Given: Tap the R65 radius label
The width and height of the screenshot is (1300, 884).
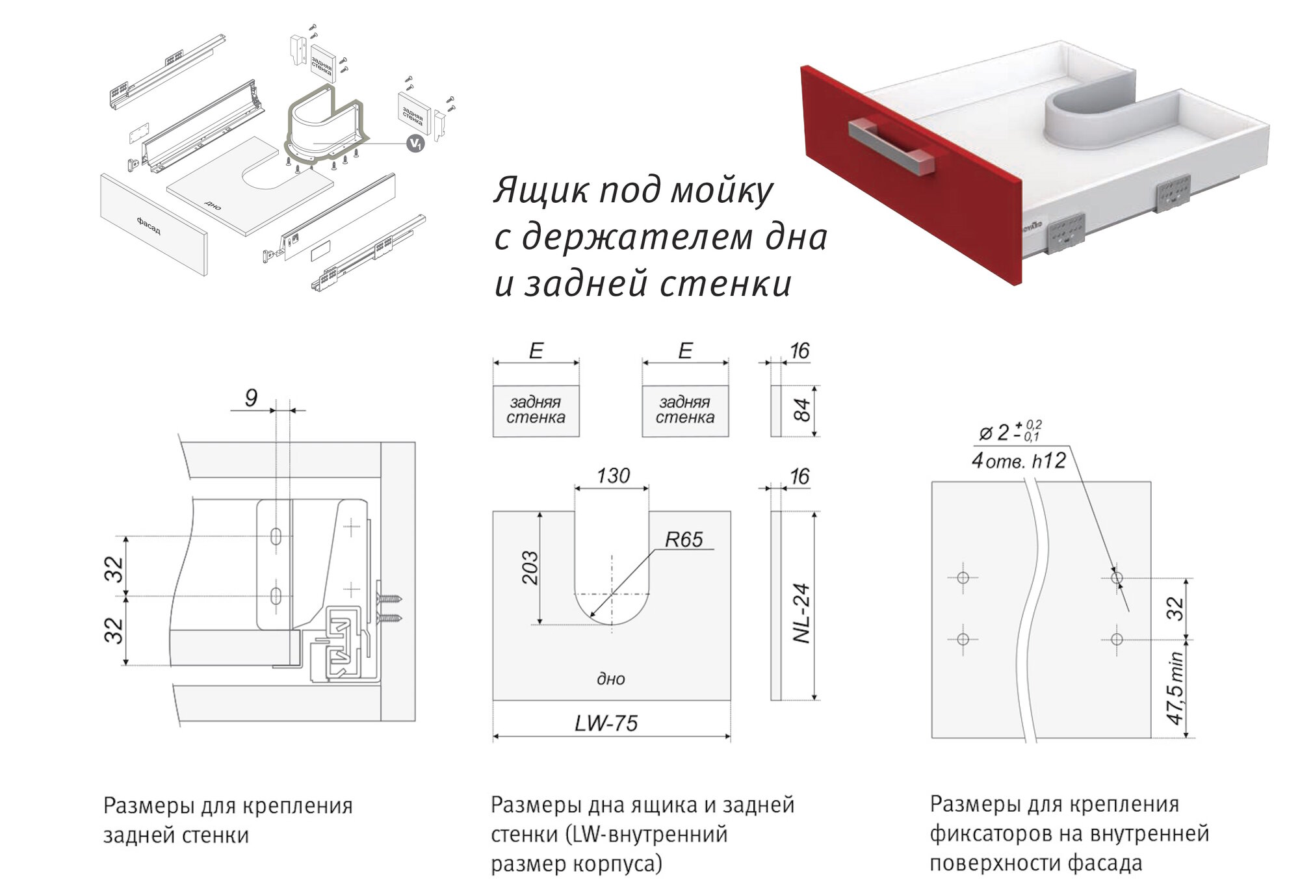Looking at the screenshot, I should pos(683,539).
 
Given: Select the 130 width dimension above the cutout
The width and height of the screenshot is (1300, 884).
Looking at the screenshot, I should pos(613,476).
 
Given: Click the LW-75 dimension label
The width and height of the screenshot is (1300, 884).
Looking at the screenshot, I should pos(606,723).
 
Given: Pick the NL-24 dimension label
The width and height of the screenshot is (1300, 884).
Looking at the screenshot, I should pos(802,613).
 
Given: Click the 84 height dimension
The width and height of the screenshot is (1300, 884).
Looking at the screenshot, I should pos(803,410).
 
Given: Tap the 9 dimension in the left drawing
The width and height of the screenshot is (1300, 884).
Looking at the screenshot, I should pos(251,398).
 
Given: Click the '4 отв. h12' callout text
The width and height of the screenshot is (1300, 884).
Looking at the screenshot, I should pos(1019,461).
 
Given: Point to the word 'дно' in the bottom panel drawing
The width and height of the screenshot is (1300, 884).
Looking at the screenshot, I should pos(610,679).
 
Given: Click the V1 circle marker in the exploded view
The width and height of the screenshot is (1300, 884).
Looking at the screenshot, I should pos(415,144).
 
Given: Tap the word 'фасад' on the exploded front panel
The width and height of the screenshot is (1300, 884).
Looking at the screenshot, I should pos(148,226).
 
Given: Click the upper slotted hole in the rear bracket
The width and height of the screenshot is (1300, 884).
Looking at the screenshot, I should pos(276,536).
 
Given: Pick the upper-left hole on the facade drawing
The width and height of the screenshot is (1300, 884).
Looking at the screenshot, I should pos(963,577).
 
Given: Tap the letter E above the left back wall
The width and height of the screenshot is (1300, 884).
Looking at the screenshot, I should pos(536,351).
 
